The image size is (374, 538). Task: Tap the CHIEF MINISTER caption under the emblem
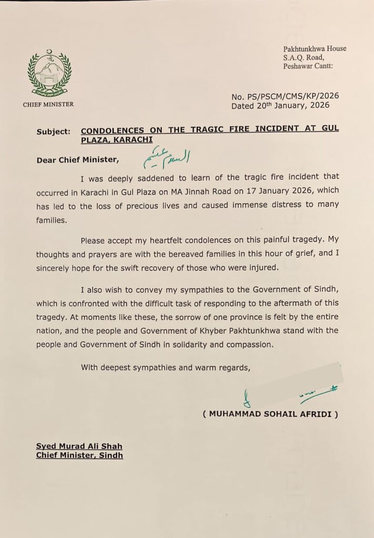coord(48,105)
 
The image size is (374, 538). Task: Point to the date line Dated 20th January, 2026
coord(280,105)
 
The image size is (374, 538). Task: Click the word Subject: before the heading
coord(53,132)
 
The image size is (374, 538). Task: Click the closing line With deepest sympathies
coord(165,368)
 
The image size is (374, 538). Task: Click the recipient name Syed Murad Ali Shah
coord(79,446)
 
